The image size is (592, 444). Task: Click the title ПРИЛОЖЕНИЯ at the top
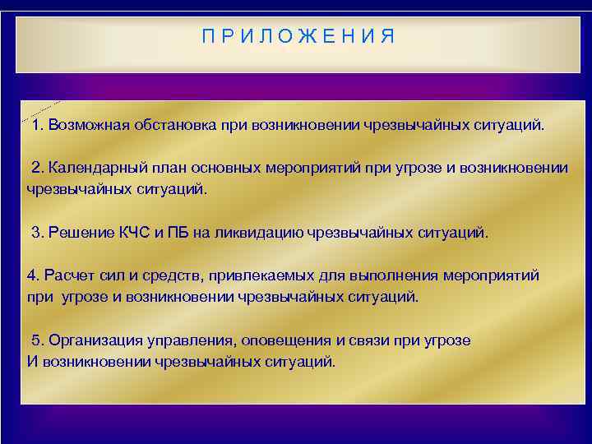tap(298, 36)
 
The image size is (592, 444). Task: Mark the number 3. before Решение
tap(37, 233)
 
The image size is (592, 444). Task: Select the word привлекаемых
tap(236, 275)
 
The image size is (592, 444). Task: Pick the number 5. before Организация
tap(37, 340)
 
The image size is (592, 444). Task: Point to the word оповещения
tap(264, 340)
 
